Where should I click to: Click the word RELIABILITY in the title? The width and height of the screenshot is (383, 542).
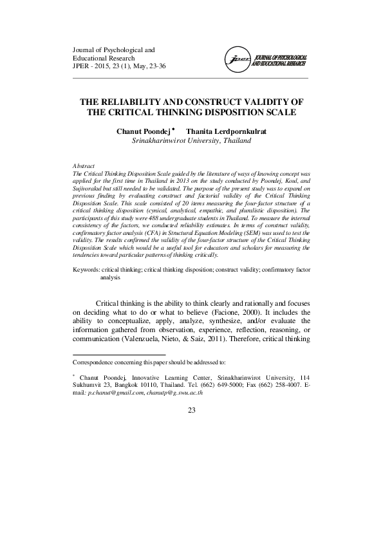click(131, 102)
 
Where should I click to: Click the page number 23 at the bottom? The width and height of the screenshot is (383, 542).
click(191, 411)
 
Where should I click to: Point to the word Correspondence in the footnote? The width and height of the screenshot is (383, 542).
click(95, 363)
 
